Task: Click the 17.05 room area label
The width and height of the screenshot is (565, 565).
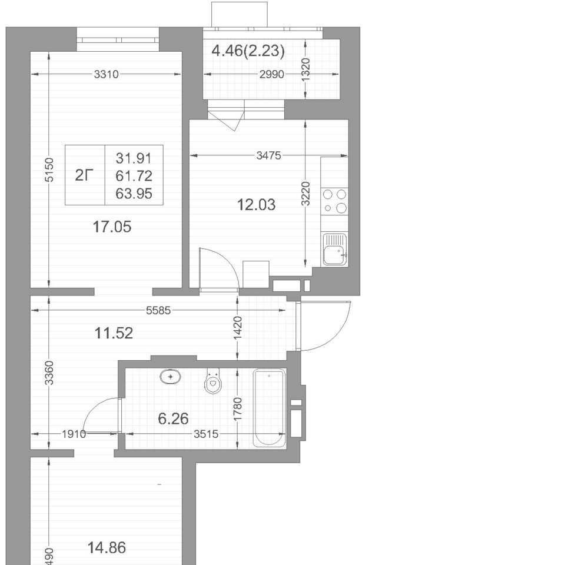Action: (x=112, y=227)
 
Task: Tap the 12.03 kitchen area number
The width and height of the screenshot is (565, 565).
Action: (x=256, y=205)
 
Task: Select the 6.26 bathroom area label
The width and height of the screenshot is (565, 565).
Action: (x=173, y=418)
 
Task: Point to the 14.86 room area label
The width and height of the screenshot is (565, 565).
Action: (x=107, y=548)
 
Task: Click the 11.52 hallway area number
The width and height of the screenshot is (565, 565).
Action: (x=114, y=333)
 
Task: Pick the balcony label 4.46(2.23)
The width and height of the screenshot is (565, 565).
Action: (x=248, y=51)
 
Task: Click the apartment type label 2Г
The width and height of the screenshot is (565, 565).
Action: (x=84, y=175)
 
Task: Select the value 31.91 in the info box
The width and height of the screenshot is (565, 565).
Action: (x=134, y=158)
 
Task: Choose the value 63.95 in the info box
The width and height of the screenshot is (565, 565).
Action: (x=134, y=194)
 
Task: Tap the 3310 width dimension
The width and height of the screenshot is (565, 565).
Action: (x=107, y=74)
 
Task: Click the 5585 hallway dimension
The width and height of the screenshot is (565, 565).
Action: (x=158, y=310)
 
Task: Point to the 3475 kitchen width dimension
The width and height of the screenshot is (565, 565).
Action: (x=268, y=155)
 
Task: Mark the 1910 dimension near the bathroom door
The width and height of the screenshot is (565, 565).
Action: (x=74, y=434)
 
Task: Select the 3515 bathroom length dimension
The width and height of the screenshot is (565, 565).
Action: (x=206, y=434)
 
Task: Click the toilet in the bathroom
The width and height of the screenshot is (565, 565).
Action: (x=213, y=381)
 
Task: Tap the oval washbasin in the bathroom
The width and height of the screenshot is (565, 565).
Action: (x=170, y=377)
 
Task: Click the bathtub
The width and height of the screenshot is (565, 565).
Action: (x=270, y=407)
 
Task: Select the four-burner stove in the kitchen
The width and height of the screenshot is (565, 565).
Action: (x=334, y=201)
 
